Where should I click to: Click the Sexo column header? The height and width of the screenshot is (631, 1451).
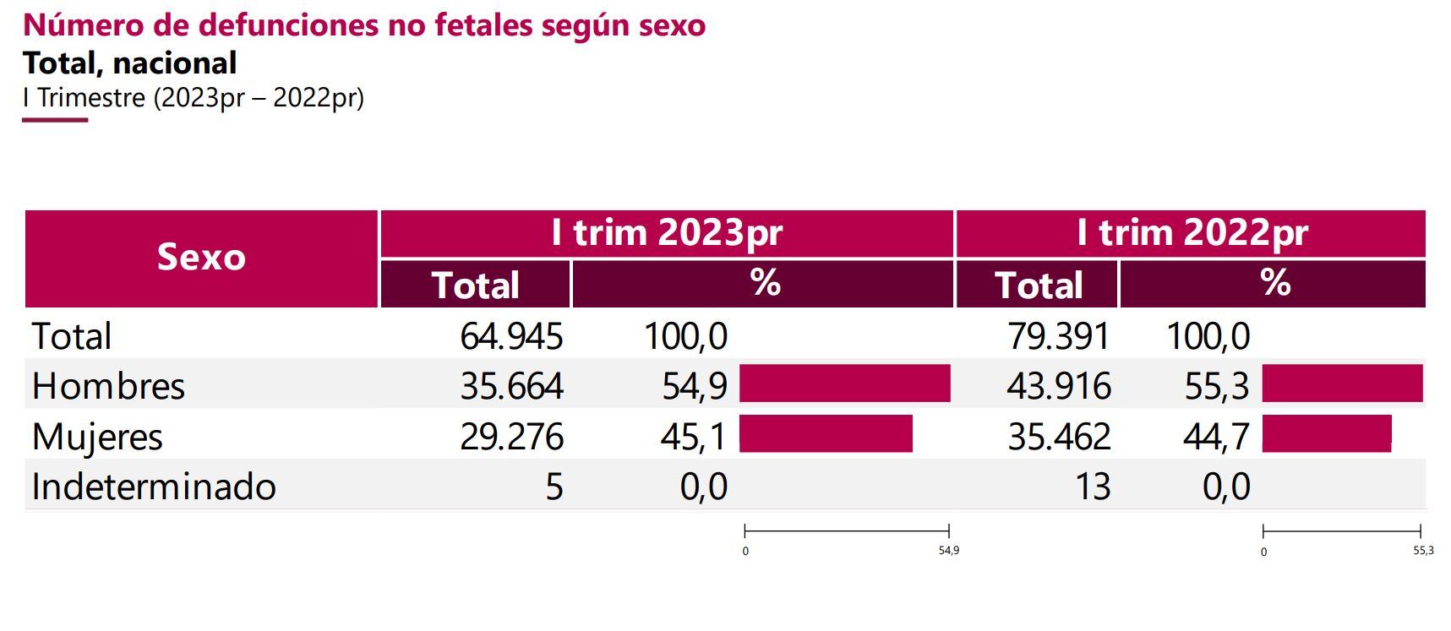(201, 258)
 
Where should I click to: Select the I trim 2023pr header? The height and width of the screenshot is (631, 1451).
(667, 233)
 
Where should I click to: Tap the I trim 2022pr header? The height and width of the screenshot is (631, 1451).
(1192, 233)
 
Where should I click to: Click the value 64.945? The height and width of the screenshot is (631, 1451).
(511, 336)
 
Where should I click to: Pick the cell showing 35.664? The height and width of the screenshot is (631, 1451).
(511, 386)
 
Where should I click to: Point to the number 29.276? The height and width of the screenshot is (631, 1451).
(511, 437)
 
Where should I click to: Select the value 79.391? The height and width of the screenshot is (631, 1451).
(1058, 336)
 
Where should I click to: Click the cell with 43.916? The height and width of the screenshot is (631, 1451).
(1058, 386)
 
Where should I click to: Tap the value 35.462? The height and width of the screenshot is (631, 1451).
(1058, 437)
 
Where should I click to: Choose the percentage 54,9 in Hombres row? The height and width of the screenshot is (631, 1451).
(694, 386)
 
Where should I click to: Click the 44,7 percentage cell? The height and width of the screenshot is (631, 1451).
(1216, 437)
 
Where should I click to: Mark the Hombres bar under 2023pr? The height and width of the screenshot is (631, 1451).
(844, 383)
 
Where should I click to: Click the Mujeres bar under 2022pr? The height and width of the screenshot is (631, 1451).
(1326, 433)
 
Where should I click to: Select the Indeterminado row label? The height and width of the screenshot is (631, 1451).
(154, 487)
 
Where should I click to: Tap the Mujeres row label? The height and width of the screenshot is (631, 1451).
(97, 437)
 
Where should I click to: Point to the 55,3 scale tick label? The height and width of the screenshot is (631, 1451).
(1423, 551)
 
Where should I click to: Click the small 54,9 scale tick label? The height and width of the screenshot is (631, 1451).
(948, 551)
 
